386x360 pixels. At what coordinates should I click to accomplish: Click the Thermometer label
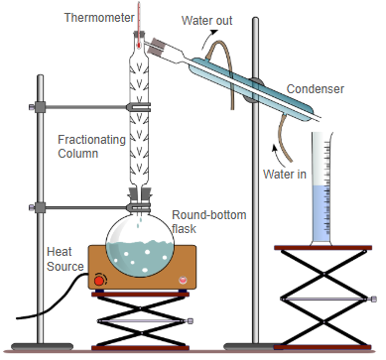(99, 18)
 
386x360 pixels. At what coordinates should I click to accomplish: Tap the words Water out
(206, 21)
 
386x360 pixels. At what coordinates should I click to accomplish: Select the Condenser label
(316, 89)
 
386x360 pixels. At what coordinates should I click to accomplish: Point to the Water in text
(285, 174)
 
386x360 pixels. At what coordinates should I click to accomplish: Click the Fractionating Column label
(91, 147)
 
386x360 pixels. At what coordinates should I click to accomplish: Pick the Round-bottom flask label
(209, 222)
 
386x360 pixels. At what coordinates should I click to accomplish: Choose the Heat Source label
(65, 259)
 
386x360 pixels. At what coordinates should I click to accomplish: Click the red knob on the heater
(99, 281)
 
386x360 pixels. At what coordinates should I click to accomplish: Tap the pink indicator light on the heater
(183, 281)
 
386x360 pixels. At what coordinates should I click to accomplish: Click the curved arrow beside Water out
(206, 39)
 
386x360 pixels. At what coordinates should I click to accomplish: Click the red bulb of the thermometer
(139, 45)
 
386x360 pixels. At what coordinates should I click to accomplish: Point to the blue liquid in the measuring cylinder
(322, 213)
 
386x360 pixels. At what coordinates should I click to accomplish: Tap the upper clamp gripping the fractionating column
(139, 107)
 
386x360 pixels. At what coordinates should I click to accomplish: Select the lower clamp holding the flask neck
(139, 208)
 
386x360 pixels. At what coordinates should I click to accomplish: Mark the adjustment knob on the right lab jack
(373, 300)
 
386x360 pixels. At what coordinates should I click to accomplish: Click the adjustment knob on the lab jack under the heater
(191, 321)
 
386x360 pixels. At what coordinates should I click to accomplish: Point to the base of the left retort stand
(42, 347)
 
